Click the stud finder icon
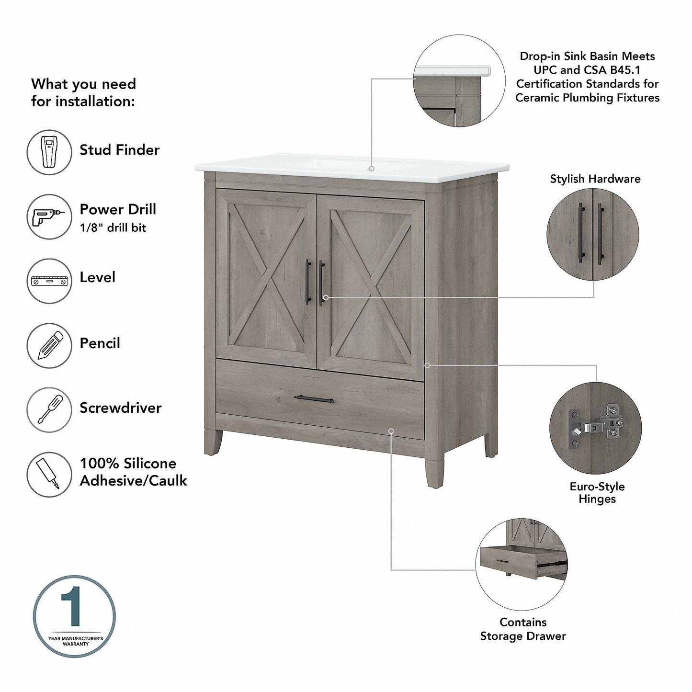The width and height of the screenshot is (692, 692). click(49, 152)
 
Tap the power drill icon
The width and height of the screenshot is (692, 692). click(49, 216)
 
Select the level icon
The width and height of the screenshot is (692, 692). click(49, 281)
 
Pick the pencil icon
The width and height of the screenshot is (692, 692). click(49, 346)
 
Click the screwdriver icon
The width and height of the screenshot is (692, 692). click(49, 410)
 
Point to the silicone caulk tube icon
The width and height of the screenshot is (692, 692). click(49, 474)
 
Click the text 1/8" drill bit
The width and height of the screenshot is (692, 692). click(113, 228)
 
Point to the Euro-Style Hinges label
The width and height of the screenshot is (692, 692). click(597, 493)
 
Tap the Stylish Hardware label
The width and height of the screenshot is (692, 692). click(595, 179)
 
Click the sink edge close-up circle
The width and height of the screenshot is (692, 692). click(459, 81)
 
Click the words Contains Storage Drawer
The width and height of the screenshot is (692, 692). click(523, 629)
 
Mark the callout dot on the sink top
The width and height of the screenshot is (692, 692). click(372, 169)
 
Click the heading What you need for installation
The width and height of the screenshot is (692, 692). click(83, 92)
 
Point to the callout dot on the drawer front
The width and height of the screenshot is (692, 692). click(391, 431)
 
